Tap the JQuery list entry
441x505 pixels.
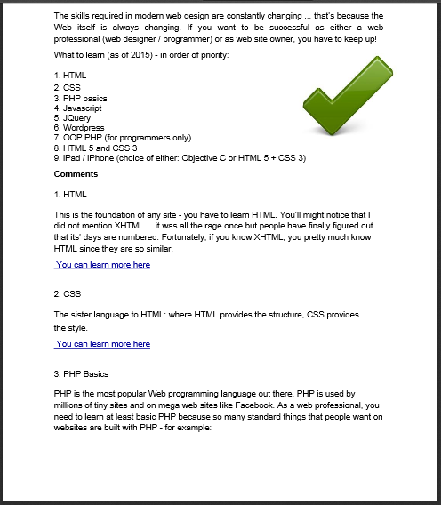(x=76, y=117)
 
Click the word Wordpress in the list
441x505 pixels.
(x=84, y=128)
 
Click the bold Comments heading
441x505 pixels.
(x=76, y=173)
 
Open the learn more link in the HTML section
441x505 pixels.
(x=102, y=265)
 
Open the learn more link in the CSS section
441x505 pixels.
(x=102, y=344)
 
